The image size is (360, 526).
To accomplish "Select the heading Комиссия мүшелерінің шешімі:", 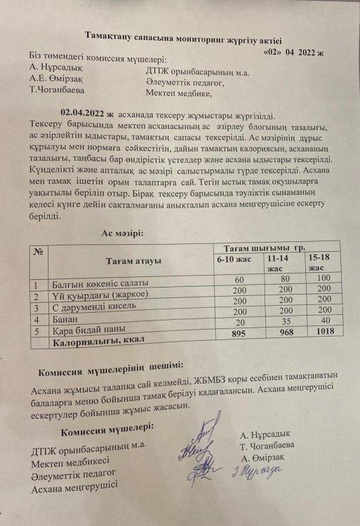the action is (x=111, y=365).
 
